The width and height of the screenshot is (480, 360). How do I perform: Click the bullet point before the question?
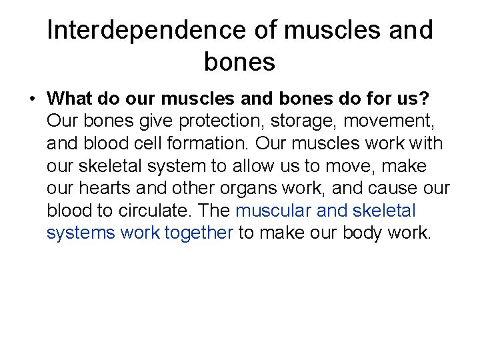(31, 99)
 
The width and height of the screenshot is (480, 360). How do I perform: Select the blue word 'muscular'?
(273, 211)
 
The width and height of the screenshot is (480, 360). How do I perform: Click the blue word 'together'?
(198, 233)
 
